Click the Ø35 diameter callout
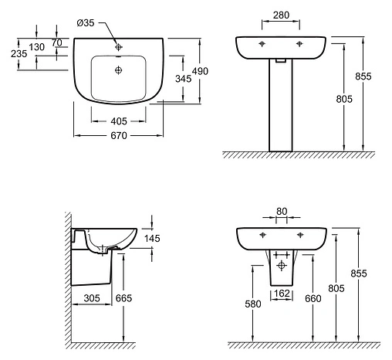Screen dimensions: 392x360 (x=86, y=23)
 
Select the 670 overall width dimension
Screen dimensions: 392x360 (x=119, y=135)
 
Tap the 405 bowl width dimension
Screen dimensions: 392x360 (x=119, y=121)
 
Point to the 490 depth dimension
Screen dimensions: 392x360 (x=200, y=71)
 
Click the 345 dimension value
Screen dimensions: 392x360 (x=183, y=79)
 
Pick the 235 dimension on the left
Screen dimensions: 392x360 (x=19, y=53)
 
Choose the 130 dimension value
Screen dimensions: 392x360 (x=36, y=47)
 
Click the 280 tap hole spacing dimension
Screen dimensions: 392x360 (x=281, y=15)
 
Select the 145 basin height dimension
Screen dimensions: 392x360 (x=152, y=239)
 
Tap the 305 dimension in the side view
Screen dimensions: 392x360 (x=92, y=298)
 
